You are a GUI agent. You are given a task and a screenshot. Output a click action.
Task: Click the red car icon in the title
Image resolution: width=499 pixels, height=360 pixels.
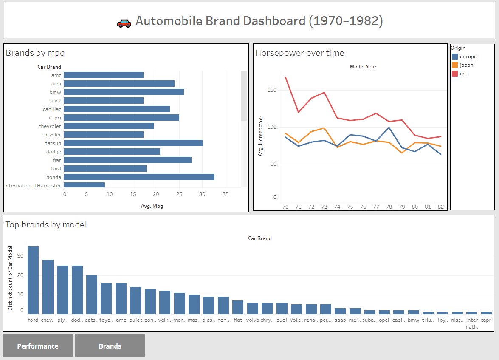pyautogui.click(x=124, y=23)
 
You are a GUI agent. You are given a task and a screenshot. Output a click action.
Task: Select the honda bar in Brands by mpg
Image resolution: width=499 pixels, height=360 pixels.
pyautogui.click(x=139, y=177)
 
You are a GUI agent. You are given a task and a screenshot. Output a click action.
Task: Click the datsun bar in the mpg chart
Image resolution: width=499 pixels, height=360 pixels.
pyautogui.click(x=133, y=143)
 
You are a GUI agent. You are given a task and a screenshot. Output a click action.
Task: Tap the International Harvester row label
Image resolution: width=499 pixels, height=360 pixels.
pyautogui.click(x=33, y=185)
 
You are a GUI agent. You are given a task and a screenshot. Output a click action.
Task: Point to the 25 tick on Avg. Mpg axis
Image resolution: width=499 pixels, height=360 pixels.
pyautogui.click(x=179, y=194)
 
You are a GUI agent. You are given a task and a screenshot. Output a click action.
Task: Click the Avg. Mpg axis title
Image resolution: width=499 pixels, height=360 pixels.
pyautogui.click(x=152, y=206)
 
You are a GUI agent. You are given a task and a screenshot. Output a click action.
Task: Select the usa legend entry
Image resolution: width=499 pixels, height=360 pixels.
pyautogui.click(x=464, y=74)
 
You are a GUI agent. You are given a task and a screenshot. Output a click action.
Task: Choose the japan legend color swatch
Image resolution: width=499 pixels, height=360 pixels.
pyautogui.click(x=454, y=65)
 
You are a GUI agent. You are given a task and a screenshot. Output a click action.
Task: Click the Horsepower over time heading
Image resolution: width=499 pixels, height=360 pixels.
pyautogui.click(x=299, y=53)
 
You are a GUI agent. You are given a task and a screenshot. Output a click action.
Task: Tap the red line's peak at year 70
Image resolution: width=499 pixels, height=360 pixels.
pyautogui.click(x=285, y=77)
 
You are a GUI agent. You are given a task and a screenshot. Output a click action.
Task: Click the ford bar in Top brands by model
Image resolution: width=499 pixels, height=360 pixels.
pyautogui.click(x=33, y=280)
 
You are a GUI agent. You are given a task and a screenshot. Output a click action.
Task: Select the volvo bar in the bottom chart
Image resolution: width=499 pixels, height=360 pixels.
pyautogui.click(x=253, y=308)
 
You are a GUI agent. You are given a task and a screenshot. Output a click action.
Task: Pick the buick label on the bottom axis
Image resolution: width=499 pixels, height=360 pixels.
pyautogui.click(x=135, y=320)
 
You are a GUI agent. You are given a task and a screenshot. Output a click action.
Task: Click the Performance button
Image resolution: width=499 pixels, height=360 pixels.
pyautogui.click(x=38, y=346)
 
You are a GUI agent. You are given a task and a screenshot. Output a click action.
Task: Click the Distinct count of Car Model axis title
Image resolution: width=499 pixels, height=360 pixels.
pyautogui.click(x=10, y=278)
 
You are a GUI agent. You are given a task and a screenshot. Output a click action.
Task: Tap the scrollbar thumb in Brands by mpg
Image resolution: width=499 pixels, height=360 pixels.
pyautogui.click(x=244, y=96)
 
